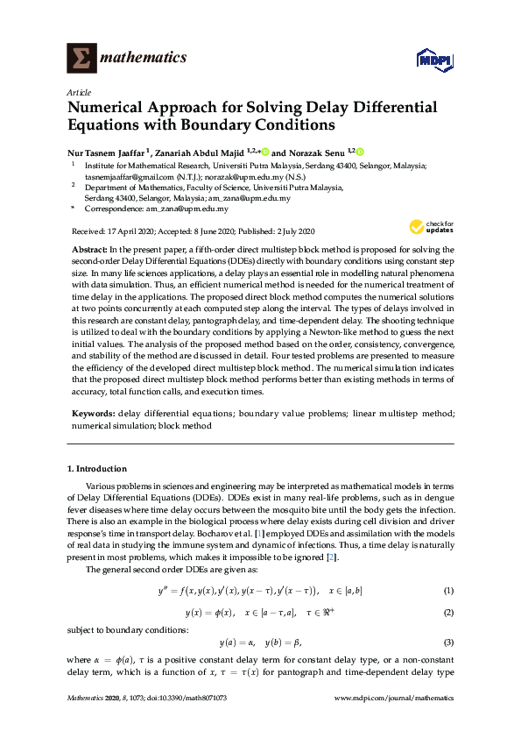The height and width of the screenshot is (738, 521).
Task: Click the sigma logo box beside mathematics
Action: pyautogui.click(x=81, y=58)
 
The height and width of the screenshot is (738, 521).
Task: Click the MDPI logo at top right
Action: pyautogui.click(x=434, y=60)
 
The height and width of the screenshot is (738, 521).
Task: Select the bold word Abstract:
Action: pyautogui.click(x=89, y=250)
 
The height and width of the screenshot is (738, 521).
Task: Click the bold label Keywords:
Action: pyautogui.click(x=92, y=413)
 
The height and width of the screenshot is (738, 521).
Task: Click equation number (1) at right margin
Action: pyautogui.click(x=448, y=591)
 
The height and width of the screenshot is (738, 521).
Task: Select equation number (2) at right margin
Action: pyautogui.click(x=448, y=611)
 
